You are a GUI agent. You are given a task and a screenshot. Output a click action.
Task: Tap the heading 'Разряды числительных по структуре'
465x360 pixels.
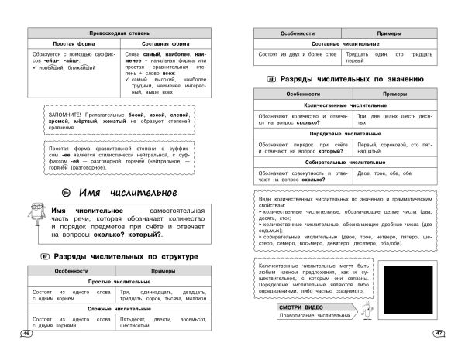click(x=130, y=256)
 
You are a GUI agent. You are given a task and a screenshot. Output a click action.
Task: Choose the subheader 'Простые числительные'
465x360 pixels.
click(x=119, y=282)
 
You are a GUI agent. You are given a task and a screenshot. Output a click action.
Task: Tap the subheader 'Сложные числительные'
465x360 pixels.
click(x=119, y=309)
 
